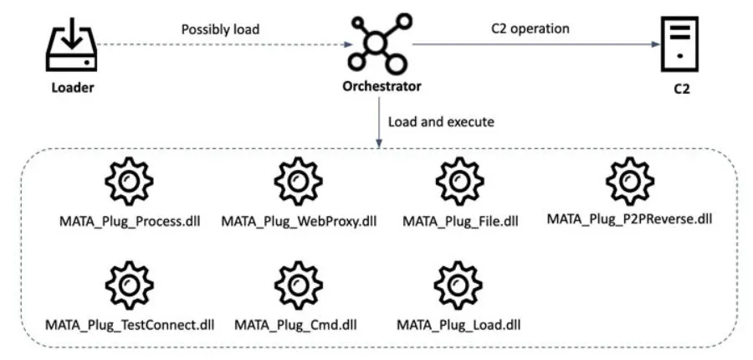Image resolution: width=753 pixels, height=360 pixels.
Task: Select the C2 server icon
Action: coord(679,44)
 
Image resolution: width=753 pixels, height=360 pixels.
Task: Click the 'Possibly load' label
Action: coord(220,29)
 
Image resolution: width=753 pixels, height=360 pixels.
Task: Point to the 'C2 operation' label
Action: coord(530,28)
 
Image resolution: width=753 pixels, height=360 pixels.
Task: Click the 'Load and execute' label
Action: coord(441,122)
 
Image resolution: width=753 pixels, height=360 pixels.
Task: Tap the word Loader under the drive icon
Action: coord(73,88)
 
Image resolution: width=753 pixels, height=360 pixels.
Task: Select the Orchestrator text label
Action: coord(382,86)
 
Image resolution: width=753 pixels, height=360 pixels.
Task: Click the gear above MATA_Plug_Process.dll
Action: coord(129,182)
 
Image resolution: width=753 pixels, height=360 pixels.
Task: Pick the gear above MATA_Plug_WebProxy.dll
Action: coord(298,182)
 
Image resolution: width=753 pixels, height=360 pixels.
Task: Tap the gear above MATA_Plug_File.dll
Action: coord(459,182)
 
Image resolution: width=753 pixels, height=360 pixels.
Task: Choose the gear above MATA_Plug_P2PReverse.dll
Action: coord(629,181)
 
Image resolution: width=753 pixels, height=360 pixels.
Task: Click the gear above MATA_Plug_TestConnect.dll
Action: coord(129,285)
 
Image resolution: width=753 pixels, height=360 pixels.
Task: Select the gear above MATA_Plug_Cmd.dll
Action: coord(298,285)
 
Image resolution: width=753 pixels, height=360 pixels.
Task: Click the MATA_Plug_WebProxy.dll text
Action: coord(300,222)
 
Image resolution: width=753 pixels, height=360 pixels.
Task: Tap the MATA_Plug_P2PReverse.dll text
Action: coord(629,219)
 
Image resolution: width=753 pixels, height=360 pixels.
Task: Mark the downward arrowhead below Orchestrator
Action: coord(379,144)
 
